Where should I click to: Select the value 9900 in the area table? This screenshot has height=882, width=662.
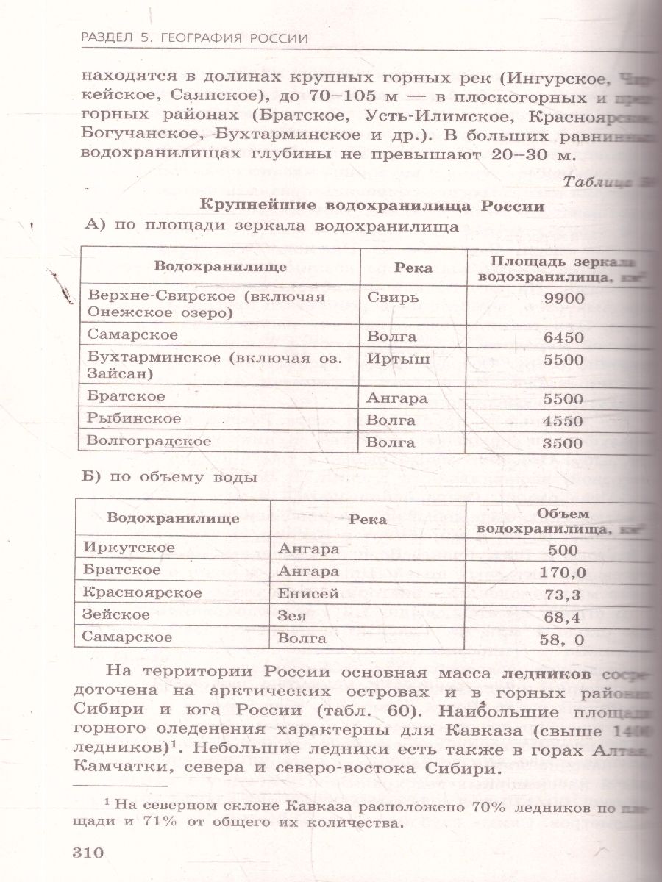563,298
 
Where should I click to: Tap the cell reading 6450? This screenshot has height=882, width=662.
563,338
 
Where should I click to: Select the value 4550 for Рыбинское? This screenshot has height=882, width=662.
563,422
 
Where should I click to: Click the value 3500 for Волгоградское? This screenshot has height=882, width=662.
563,443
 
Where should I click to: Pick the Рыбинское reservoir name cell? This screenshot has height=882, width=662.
133,419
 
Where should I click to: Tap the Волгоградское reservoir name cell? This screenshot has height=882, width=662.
149,442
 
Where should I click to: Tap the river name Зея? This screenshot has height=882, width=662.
292,615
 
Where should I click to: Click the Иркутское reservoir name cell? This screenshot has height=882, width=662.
129,548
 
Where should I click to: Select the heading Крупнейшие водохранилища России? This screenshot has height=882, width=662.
371,207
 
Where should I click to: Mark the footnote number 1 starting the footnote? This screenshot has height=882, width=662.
106,803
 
